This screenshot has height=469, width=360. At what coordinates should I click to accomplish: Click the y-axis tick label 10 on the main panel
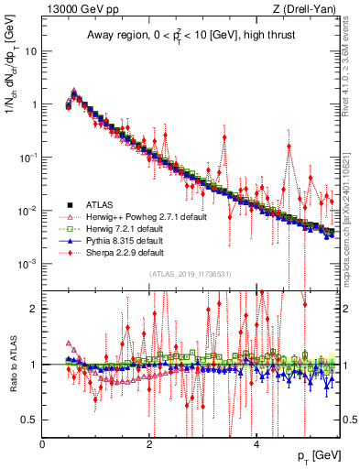[x=30, y=51]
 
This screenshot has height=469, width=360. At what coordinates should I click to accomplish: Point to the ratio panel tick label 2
[x=35, y=309]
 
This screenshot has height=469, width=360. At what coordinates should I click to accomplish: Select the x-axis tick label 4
[x=256, y=443]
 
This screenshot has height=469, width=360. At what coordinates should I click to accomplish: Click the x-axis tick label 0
[x=43, y=443]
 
